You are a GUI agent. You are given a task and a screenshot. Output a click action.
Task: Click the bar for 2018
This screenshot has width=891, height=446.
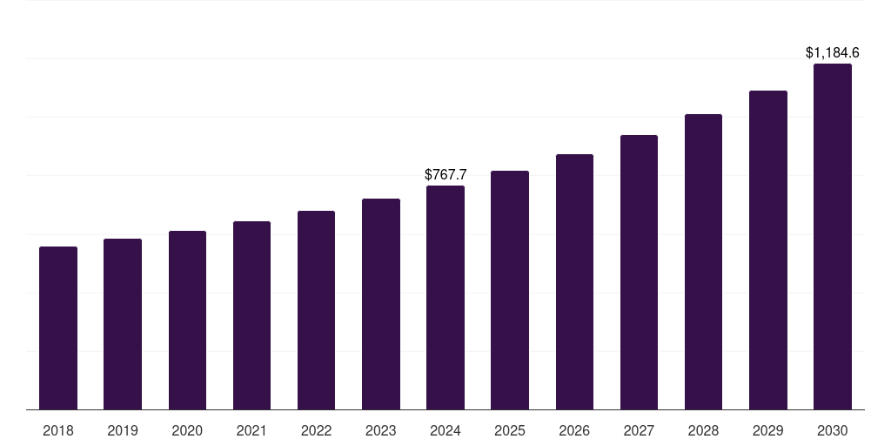click(x=58, y=328)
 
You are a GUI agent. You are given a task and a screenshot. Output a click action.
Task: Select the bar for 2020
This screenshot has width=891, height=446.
click(x=187, y=321)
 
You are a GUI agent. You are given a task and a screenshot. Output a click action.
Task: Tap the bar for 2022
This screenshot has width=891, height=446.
click(x=316, y=310)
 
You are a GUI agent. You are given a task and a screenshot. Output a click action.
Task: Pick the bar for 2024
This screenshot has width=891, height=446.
click(x=445, y=298)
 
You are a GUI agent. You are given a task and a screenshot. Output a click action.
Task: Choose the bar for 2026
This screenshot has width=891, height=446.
click(x=574, y=282)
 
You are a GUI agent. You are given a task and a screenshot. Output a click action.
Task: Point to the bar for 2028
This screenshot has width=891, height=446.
click(x=703, y=262)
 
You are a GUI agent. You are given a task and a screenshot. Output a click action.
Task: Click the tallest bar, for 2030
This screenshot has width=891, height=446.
click(x=833, y=237)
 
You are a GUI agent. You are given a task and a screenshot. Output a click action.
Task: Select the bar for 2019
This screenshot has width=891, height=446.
click(x=123, y=324)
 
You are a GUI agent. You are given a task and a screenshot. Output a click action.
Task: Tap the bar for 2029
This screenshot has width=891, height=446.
click(x=768, y=250)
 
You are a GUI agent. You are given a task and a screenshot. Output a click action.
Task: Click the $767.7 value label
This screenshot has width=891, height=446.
click(x=445, y=175)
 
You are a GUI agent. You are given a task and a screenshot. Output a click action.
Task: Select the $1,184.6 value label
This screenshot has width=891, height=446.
click(x=833, y=53)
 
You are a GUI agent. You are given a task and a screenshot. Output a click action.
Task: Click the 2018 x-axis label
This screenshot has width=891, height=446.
click(x=58, y=430)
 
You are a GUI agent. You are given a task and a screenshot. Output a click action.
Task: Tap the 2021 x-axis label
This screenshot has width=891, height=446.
click(x=251, y=430)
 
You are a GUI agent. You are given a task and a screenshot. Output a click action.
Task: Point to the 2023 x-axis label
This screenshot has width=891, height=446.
click(x=381, y=430)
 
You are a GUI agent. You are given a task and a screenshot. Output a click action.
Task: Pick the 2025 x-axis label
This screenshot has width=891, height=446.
click(x=510, y=430)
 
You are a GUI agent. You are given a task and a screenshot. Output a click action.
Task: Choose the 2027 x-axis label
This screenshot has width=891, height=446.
click(x=639, y=430)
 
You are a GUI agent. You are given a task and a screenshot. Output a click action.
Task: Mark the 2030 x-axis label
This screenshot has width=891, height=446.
click(x=833, y=430)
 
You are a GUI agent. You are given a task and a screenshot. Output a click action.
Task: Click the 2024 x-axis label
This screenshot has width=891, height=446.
click(x=445, y=430)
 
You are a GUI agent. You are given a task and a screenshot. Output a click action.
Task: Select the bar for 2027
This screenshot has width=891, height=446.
click(x=639, y=273)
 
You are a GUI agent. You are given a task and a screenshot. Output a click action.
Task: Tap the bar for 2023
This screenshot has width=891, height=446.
click(x=381, y=304)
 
